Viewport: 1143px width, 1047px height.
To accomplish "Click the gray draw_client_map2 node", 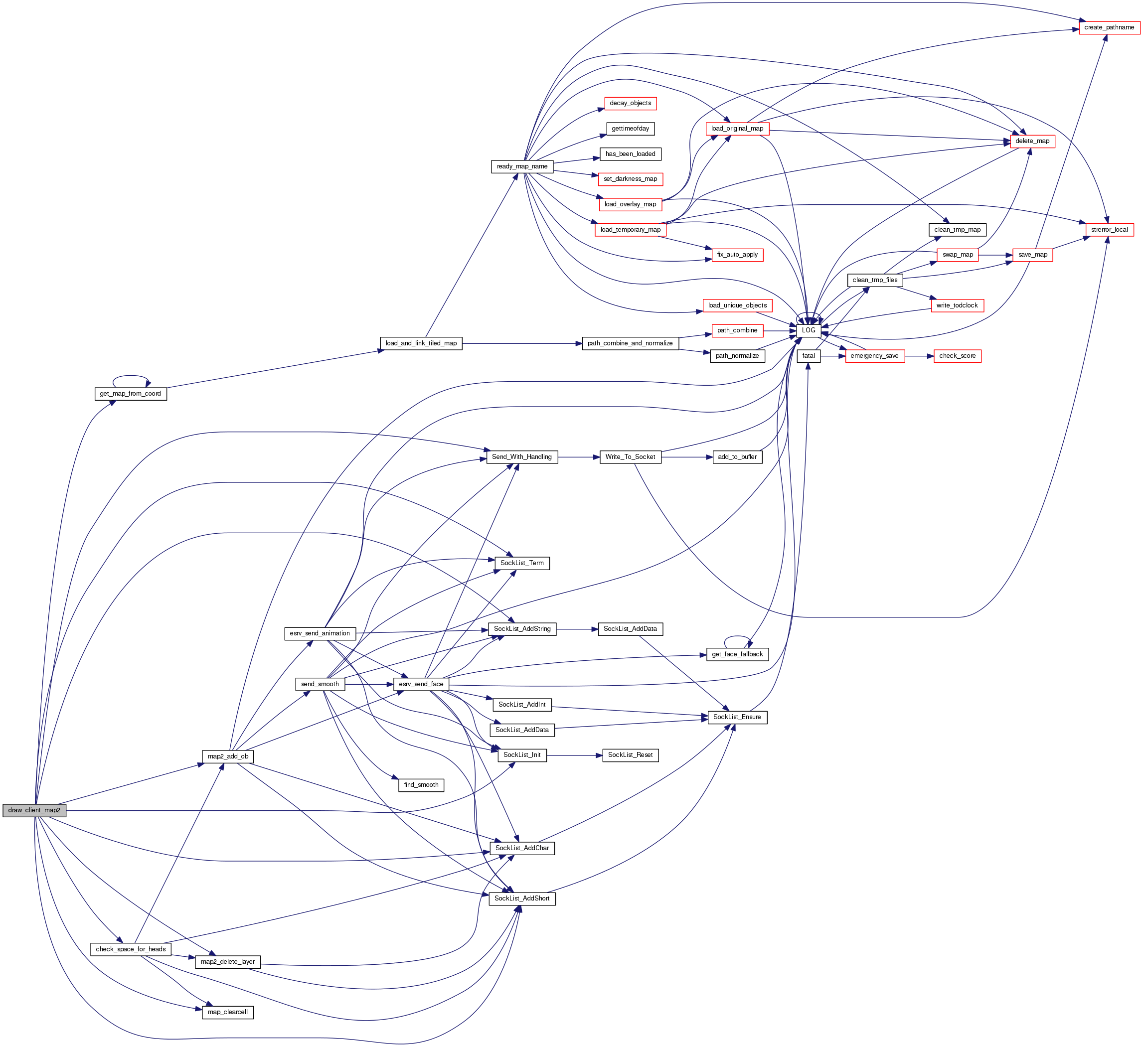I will coord(34,811).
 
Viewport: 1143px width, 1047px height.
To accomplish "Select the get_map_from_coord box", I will coord(131,393).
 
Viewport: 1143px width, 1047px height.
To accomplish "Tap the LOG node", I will coord(809,330).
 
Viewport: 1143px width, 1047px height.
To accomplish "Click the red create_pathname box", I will coord(1109,27).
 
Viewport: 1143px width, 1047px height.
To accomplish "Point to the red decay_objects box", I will coord(630,103).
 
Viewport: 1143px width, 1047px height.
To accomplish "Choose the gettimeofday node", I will coord(630,129).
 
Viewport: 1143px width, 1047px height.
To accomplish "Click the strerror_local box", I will coord(1109,230).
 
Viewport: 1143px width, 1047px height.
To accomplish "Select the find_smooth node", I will coord(421,785).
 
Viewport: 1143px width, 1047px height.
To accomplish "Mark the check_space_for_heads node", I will coord(131,949).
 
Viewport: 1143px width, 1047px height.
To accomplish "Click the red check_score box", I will coord(957,356).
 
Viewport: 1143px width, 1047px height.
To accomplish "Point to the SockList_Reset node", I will coord(630,755).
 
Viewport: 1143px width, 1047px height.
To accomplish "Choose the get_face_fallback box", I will coord(737,654).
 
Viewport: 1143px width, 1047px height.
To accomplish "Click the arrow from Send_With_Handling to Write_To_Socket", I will coord(578,457).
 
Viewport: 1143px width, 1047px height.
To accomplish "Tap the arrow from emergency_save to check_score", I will coord(919,356).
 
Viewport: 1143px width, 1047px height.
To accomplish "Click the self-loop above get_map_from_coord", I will coord(131,376).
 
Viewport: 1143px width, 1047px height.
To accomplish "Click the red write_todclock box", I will coord(957,305).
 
